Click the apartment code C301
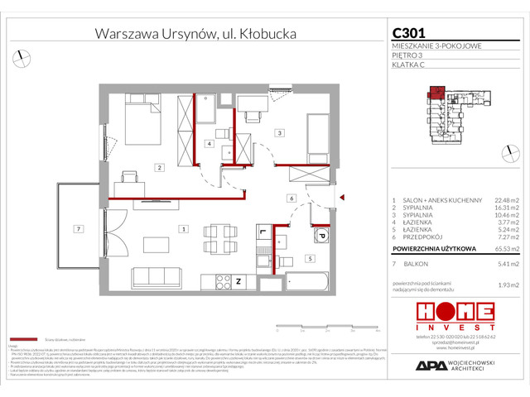tap(409, 33)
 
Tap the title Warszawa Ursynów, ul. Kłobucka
tap(195, 34)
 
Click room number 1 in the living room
tap(183, 228)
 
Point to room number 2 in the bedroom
tap(158, 168)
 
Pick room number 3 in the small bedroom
tap(279, 132)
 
